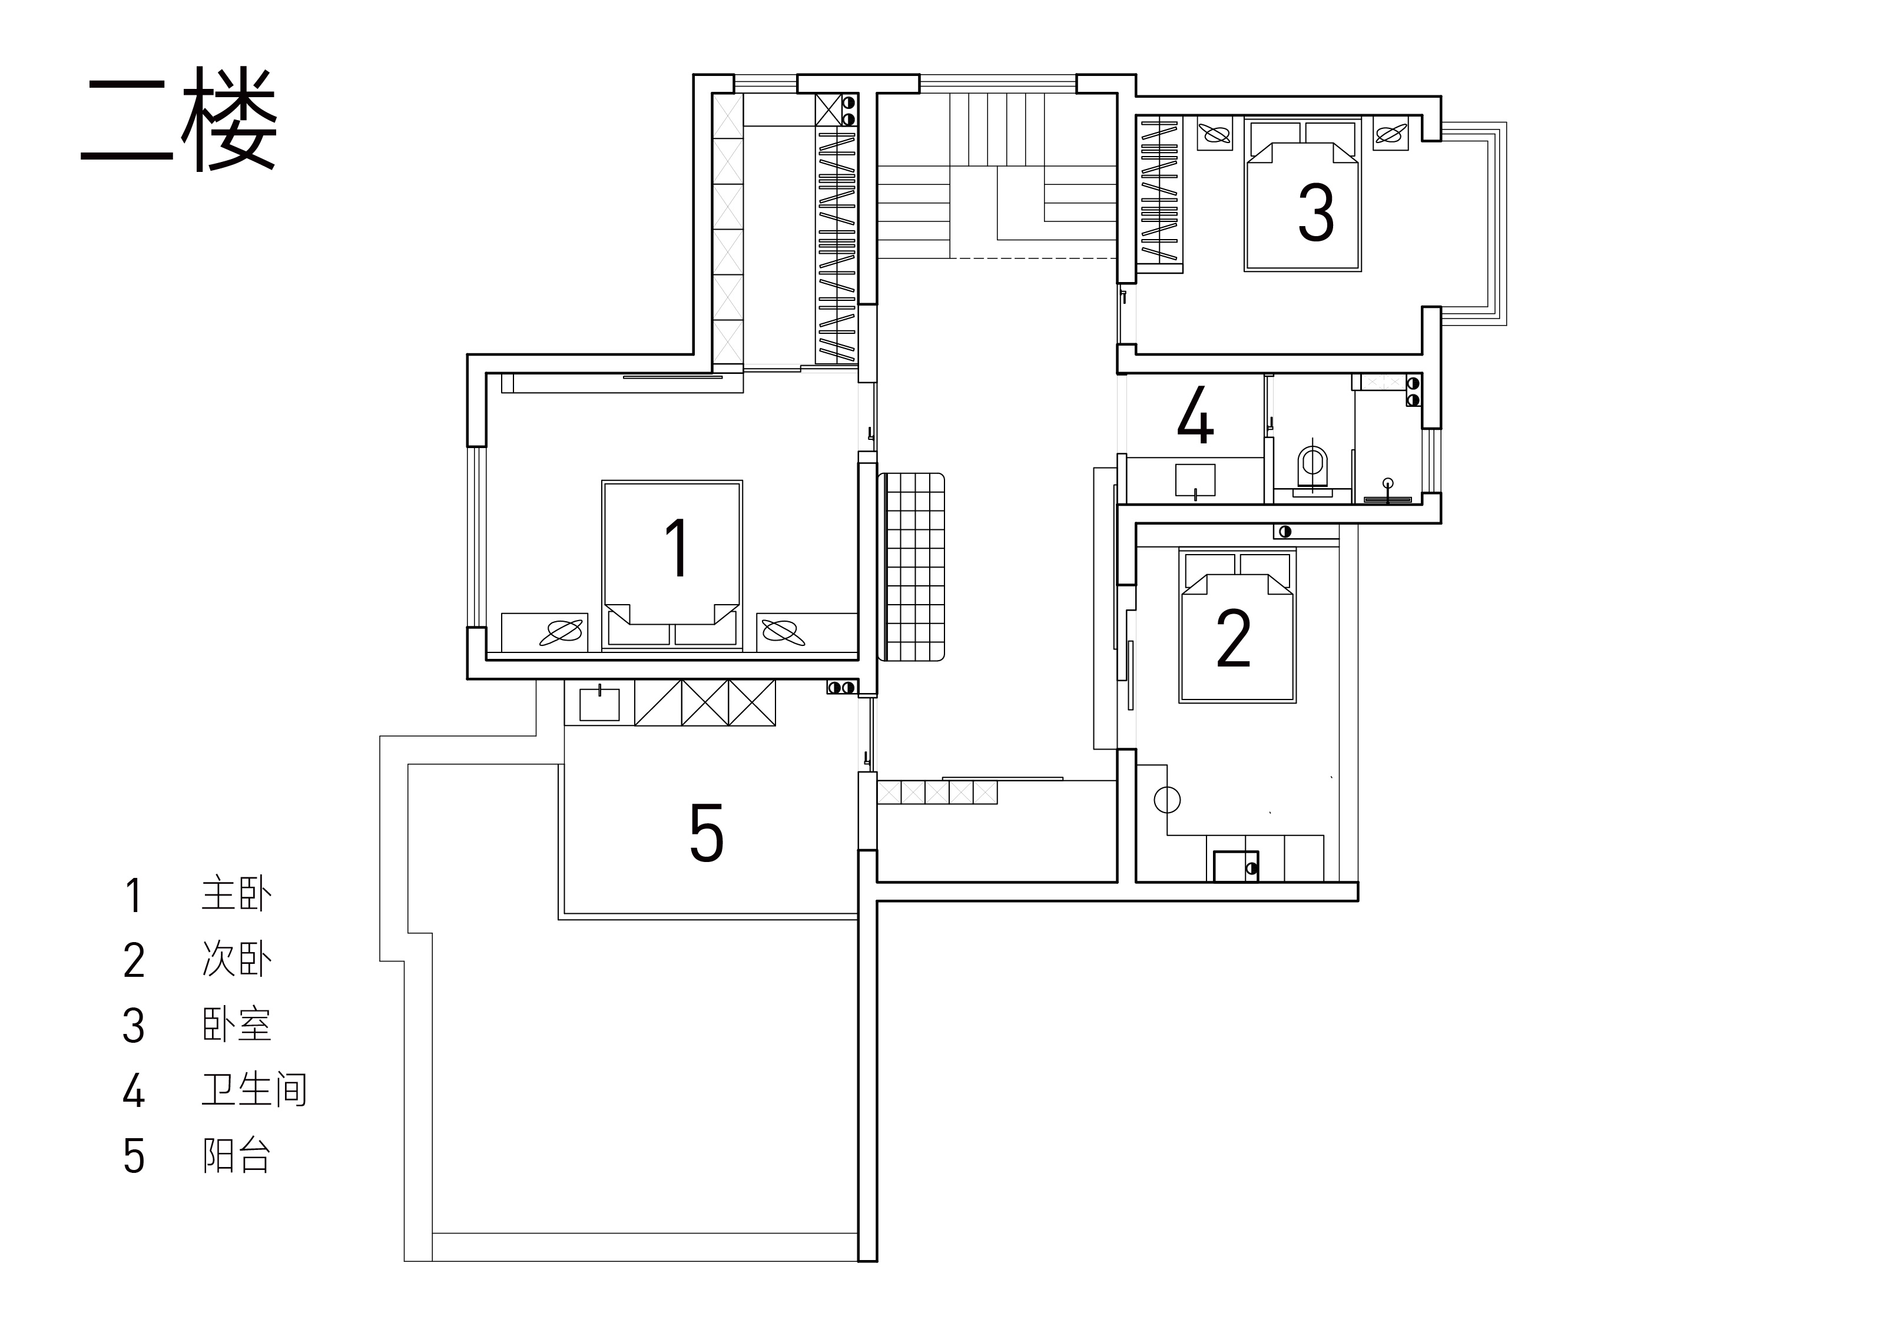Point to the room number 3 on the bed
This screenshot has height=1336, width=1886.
1316,212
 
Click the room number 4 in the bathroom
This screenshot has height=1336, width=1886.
1195,416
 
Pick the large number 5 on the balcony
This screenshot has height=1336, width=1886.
707,833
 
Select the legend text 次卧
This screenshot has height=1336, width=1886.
236,959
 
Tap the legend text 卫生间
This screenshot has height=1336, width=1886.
254,1090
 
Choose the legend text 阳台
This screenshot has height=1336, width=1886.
236,1156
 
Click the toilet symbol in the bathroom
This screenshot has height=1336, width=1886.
1312,468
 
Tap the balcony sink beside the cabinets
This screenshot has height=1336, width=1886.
599,704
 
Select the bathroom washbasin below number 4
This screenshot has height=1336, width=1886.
1195,480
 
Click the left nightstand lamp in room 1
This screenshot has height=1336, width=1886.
561,632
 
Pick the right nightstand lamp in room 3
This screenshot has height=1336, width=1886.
1391,132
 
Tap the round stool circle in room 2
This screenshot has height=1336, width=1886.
1167,799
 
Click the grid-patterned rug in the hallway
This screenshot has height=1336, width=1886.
911,567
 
